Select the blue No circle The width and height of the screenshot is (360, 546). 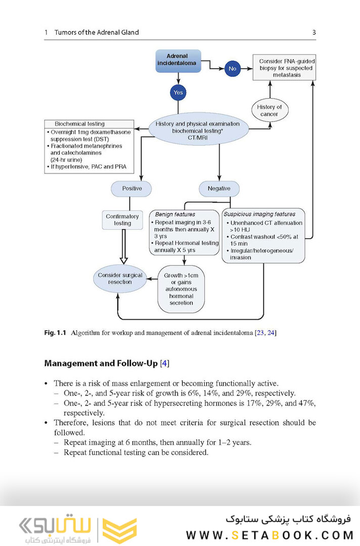pyautogui.click(x=233, y=68)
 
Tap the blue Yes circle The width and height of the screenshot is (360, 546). pyautogui.click(x=178, y=93)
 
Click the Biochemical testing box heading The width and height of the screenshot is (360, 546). pyautogui.click(x=80, y=124)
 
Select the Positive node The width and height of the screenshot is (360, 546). pyautogui.click(x=132, y=189)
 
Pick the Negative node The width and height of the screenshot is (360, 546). pyautogui.click(x=219, y=189)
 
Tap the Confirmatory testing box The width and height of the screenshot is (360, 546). pyautogui.click(x=122, y=220)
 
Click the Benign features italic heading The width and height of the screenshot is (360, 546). pyautogui.click(x=175, y=214)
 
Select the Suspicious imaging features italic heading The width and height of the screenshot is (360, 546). pyautogui.click(x=259, y=214)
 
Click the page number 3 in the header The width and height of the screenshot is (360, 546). pyautogui.click(x=313, y=32)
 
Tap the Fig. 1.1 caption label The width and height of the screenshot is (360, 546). pyautogui.click(x=56, y=333)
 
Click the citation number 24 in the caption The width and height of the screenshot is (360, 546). pyautogui.click(x=271, y=333)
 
